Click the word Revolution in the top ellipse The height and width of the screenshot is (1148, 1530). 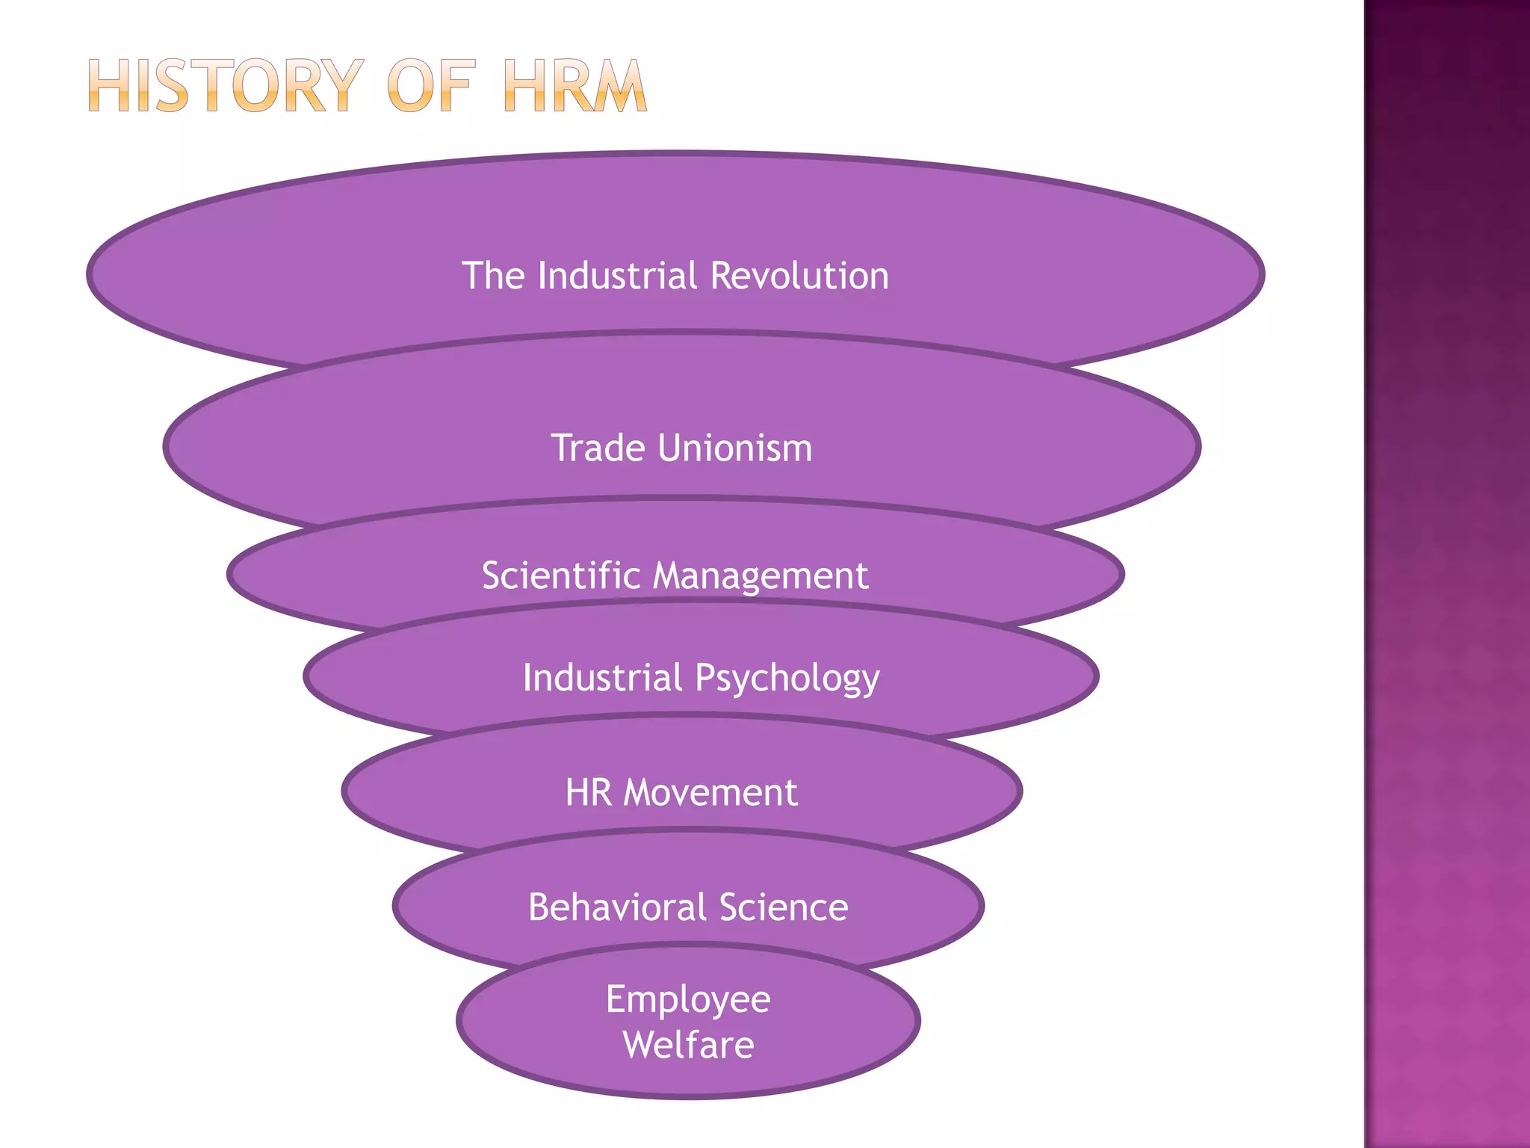(x=799, y=275)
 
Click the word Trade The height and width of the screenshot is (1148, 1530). (x=598, y=448)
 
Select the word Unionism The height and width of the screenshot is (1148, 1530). (x=736, y=448)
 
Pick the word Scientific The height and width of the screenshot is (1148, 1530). (x=561, y=575)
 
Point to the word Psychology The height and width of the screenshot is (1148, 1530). (x=787, y=679)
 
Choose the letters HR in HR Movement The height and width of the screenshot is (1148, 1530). (x=588, y=792)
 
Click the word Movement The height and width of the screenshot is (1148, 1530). (x=710, y=792)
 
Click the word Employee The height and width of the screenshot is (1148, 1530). (x=688, y=999)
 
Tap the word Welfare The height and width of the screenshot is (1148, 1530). (x=688, y=1045)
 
